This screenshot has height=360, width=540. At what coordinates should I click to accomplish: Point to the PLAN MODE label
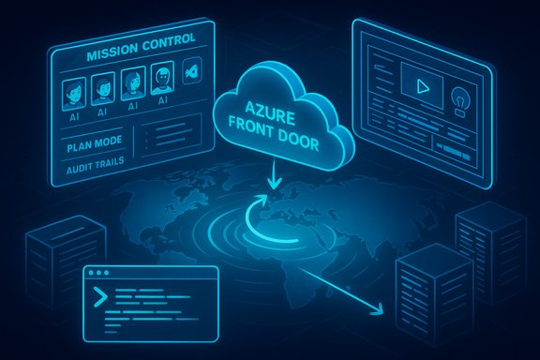(92, 148)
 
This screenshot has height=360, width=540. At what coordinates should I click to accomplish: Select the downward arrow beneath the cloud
(272, 177)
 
